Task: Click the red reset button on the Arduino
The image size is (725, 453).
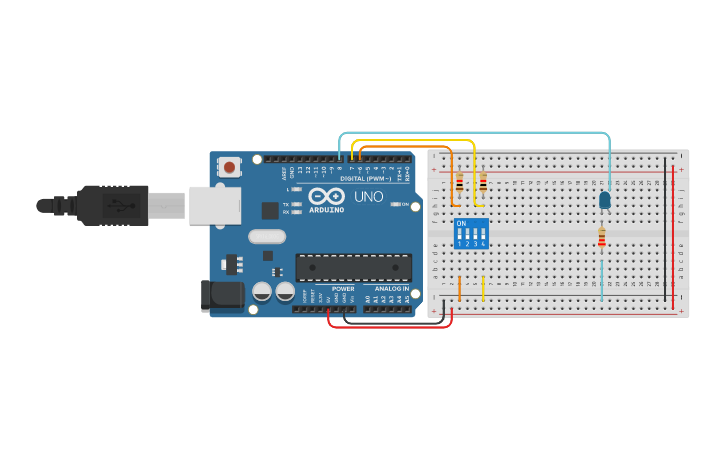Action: pos(230,167)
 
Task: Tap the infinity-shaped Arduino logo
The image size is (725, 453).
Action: pos(327,196)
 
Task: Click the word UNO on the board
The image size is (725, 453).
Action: pos(369,197)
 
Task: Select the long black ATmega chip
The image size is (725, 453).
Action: pos(353,267)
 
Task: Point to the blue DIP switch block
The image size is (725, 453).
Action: pos(471,234)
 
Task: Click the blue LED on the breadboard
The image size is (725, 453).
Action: pos(604,201)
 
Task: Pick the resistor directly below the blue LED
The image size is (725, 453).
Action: pos(601,238)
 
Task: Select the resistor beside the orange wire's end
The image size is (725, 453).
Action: pos(459,183)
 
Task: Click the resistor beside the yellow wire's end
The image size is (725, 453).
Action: pos(483,183)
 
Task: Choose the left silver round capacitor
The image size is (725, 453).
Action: pos(262,291)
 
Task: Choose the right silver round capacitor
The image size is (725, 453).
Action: pos(285,291)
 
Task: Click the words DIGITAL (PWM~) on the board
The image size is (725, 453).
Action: pos(366,178)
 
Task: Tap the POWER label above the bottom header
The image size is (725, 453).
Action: pos(342,288)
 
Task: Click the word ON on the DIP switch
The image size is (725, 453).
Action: pos(461,223)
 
